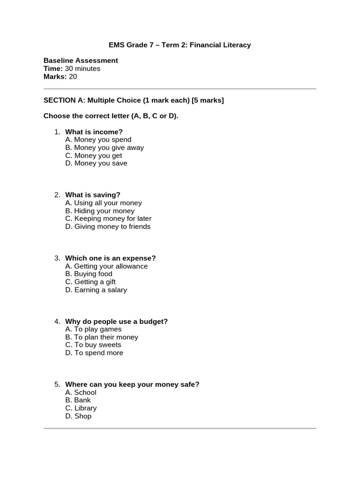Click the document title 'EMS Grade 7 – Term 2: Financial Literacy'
(180, 45)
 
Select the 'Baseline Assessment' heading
(81, 60)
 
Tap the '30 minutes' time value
(82, 68)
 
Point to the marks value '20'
(73, 76)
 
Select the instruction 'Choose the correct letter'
(111, 116)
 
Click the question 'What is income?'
(94, 132)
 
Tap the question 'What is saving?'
(93, 195)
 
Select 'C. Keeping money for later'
(108, 218)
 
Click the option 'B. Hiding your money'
(100, 211)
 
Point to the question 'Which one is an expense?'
(110, 258)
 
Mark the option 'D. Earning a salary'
(96, 290)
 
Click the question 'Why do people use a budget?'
(116, 321)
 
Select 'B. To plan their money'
(102, 337)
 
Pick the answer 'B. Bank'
(78, 400)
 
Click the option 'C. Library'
(81, 408)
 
